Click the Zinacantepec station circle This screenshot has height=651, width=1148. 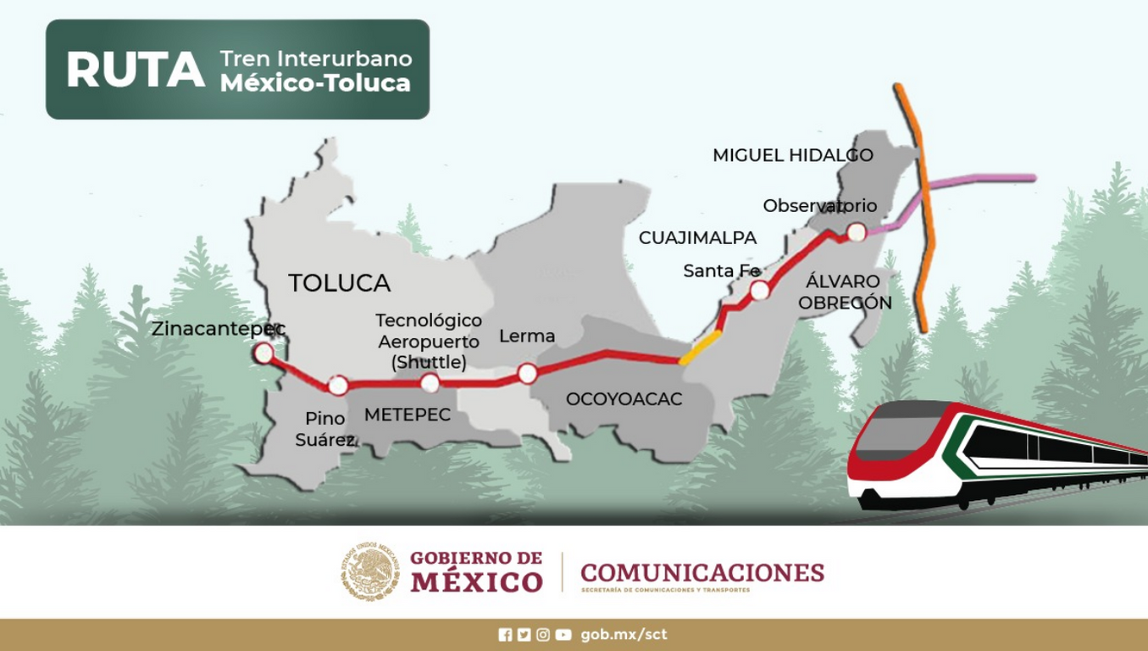pyautogui.click(x=264, y=353)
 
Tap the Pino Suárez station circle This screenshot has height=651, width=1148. pyautogui.click(x=338, y=386)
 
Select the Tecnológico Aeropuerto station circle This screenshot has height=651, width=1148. pyautogui.click(x=430, y=383)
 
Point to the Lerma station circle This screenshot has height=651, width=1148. pyautogui.click(x=527, y=373)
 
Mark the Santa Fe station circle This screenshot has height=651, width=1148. pyautogui.click(x=760, y=291)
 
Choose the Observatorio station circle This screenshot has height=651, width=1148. pyautogui.click(x=857, y=231)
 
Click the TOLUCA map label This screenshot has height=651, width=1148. pyautogui.click(x=339, y=283)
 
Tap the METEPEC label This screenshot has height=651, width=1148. pyautogui.click(x=407, y=415)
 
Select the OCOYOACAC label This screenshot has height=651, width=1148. pyautogui.click(x=624, y=399)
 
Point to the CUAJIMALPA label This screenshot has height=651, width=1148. pyautogui.click(x=697, y=238)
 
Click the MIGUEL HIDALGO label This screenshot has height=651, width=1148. pyautogui.click(x=792, y=155)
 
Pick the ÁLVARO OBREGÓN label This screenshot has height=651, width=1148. pyautogui.click(x=843, y=292)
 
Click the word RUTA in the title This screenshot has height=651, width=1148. pyautogui.click(x=136, y=70)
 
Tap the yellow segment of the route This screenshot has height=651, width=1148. pyautogui.click(x=700, y=348)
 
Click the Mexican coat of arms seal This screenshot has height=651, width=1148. pyautogui.click(x=370, y=572)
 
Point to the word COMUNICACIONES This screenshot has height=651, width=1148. pyautogui.click(x=702, y=573)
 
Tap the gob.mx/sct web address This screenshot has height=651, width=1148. pyautogui.click(x=624, y=634)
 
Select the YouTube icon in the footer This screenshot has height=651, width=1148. pyautogui.click(x=563, y=634)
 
